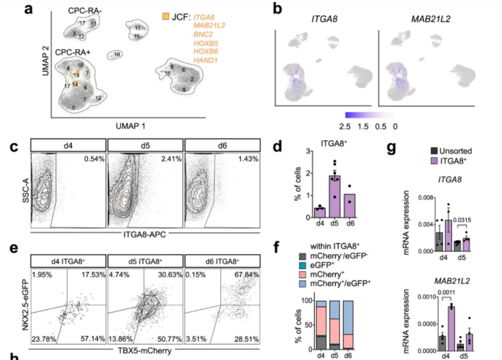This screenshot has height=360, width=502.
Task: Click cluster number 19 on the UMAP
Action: coord(117,55)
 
